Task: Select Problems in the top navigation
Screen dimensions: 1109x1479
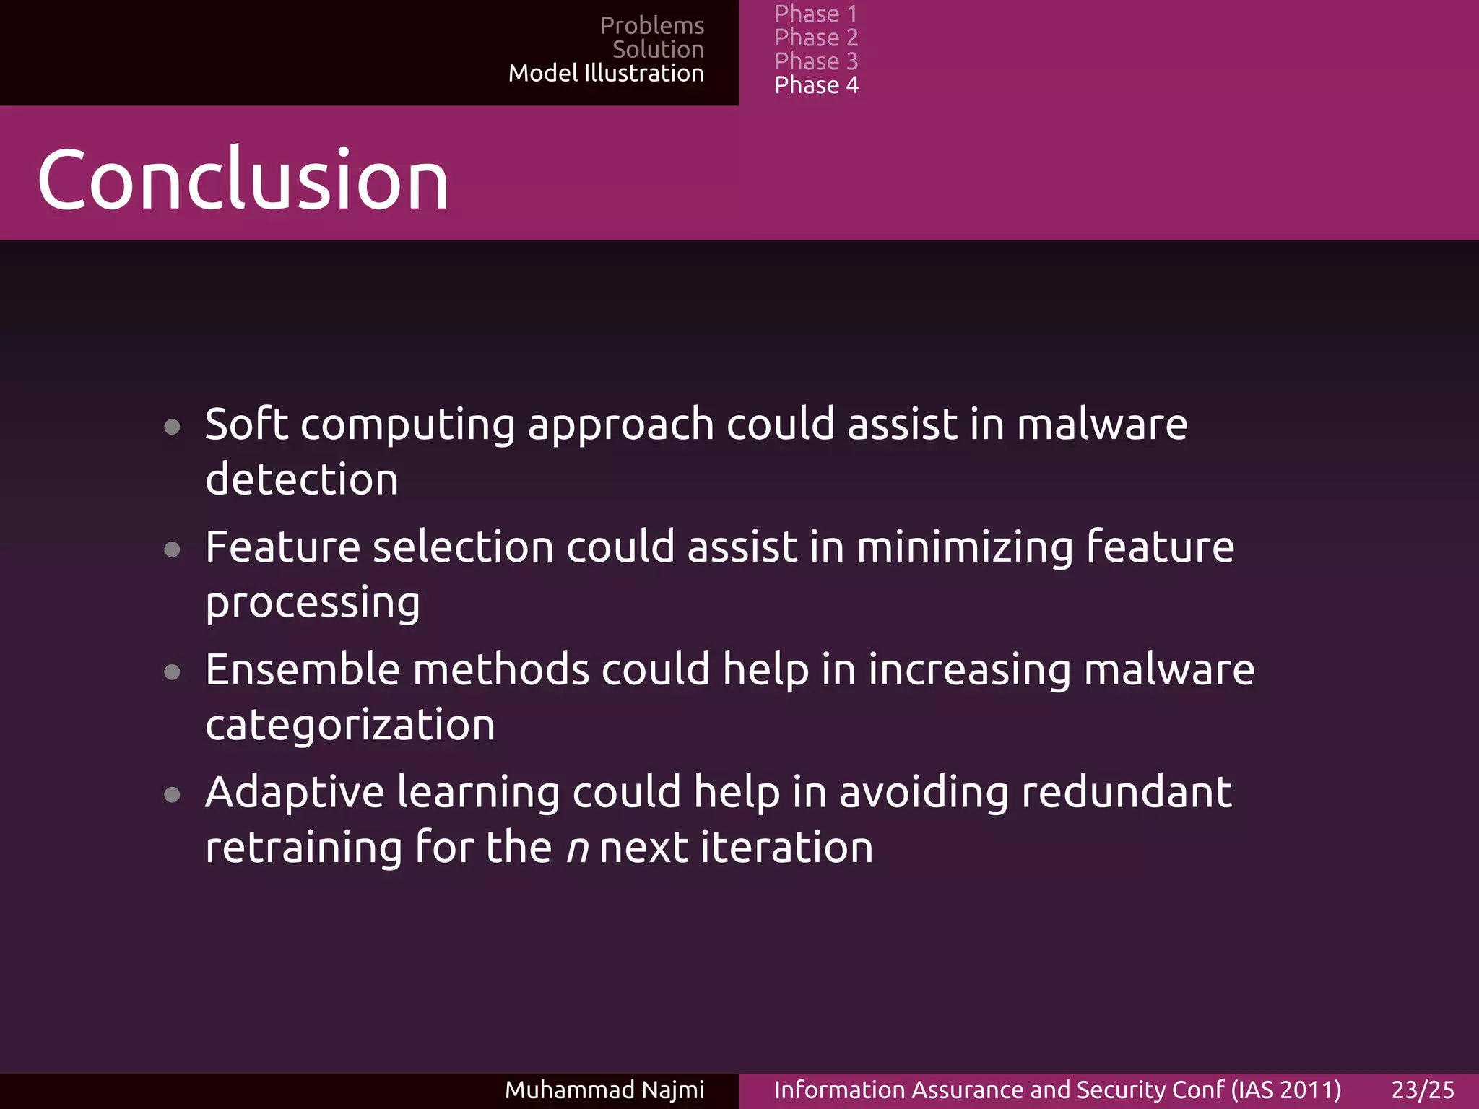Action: click(651, 25)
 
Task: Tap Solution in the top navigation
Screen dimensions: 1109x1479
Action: click(657, 49)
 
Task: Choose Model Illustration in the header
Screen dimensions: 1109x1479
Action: click(605, 73)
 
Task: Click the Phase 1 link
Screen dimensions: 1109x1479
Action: click(815, 14)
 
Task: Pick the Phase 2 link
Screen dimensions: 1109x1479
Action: click(816, 38)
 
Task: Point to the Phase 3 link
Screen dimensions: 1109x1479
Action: click(816, 61)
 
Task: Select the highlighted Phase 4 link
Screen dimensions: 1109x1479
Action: click(816, 85)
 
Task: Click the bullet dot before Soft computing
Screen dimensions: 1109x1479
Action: click(172, 427)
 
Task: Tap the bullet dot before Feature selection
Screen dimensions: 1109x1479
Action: click(172, 550)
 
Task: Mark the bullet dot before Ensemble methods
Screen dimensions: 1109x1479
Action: click(172, 673)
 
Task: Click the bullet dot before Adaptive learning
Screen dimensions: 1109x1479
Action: click(172, 796)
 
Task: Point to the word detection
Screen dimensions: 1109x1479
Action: click(301, 479)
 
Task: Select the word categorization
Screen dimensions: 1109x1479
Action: click(350, 725)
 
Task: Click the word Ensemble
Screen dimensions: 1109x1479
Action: click(302, 669)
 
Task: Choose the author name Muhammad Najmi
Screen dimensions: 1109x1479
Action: click(604, 1090)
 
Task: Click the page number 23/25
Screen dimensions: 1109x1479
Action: click(1423, 1090)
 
